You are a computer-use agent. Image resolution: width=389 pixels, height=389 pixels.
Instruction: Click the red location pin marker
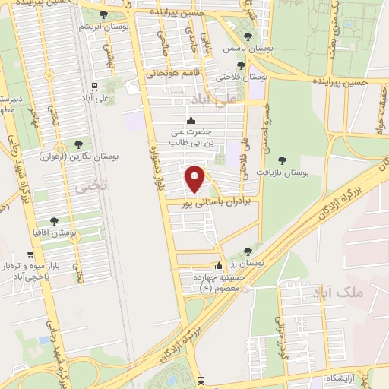tap(195, 179)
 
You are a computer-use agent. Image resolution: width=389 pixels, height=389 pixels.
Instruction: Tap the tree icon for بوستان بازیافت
tap(283, 160)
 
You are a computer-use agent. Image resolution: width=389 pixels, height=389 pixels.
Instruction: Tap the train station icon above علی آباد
tap(95, 86)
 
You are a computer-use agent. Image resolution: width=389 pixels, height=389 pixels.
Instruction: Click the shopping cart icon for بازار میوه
tap(30, 255)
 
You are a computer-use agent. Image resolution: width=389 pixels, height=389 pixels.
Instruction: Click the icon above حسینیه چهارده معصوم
tap(220, 266)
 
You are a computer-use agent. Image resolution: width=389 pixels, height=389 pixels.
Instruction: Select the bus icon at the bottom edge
tap(201, 381)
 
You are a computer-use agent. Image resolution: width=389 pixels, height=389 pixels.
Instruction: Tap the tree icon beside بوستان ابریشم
tap(103, 15)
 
